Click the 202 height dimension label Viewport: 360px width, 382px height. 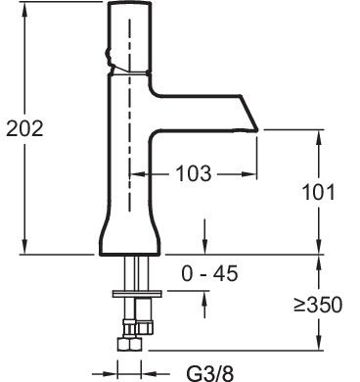[24, 128]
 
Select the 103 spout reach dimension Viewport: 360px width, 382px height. [194, 173]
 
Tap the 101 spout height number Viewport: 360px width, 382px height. [319, 192]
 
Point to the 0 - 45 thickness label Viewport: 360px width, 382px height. [209, 273]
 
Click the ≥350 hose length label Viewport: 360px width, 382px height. [318, 305]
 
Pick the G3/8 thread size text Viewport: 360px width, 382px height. [210, 373]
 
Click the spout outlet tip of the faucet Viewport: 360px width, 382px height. [256, 130]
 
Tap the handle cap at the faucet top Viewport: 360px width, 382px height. [130, 37]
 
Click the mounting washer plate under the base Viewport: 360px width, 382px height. [137, 294]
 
